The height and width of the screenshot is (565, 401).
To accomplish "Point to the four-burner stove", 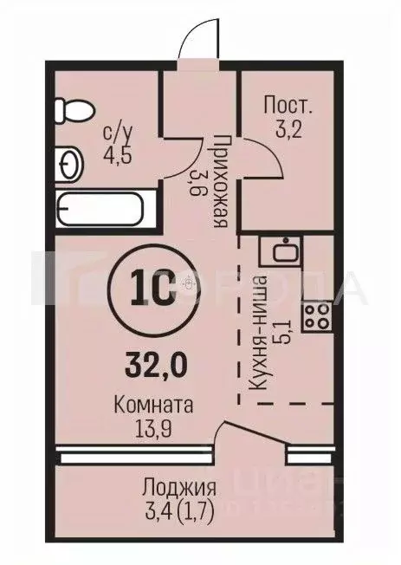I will [316, 315].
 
